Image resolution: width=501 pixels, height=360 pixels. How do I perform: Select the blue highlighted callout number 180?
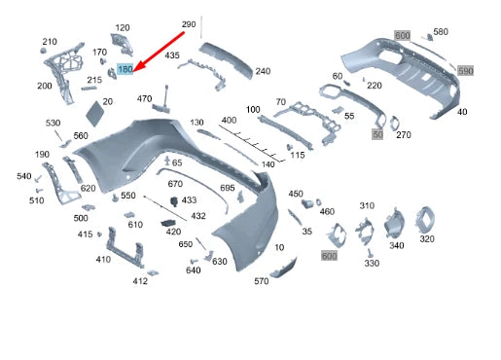pyautogui.click(x=125, y=70)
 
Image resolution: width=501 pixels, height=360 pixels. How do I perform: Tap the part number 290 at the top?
pyautogui.click(x=189, y=23)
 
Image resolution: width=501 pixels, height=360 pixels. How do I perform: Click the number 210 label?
pyautogui.click(x=50, y=42)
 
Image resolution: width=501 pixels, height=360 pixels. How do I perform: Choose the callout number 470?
pyautogui.click(x=145, y=98)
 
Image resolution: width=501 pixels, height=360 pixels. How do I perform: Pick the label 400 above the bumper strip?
pyautogui.click(x=229, y=120)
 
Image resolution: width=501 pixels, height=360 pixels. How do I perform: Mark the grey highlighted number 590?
pyautogui.click(x=465, y=71)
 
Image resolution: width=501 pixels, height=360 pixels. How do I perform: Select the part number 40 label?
pyautogui.click(x=462, y=112)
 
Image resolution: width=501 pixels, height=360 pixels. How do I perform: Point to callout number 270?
pyautogui.click(x=404, y=134)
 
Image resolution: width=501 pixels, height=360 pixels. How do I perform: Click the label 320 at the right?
pyautogui.click(x=426, y=238)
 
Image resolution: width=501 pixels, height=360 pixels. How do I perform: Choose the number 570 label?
pyautogui.click(x=262, y=281)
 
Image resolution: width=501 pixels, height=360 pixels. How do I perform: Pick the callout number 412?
pyautogui.click(x=140, y=281)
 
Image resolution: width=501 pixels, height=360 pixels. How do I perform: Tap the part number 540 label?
pyautogui.click(x=24, y=176)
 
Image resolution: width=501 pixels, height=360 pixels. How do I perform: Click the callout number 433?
pyautogui.click(x=189, y=199)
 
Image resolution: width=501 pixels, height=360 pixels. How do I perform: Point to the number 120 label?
pyautogui.click(x=122, y=27)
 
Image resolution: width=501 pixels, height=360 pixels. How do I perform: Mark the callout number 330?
pyautogui.click(x=372, y=264)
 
